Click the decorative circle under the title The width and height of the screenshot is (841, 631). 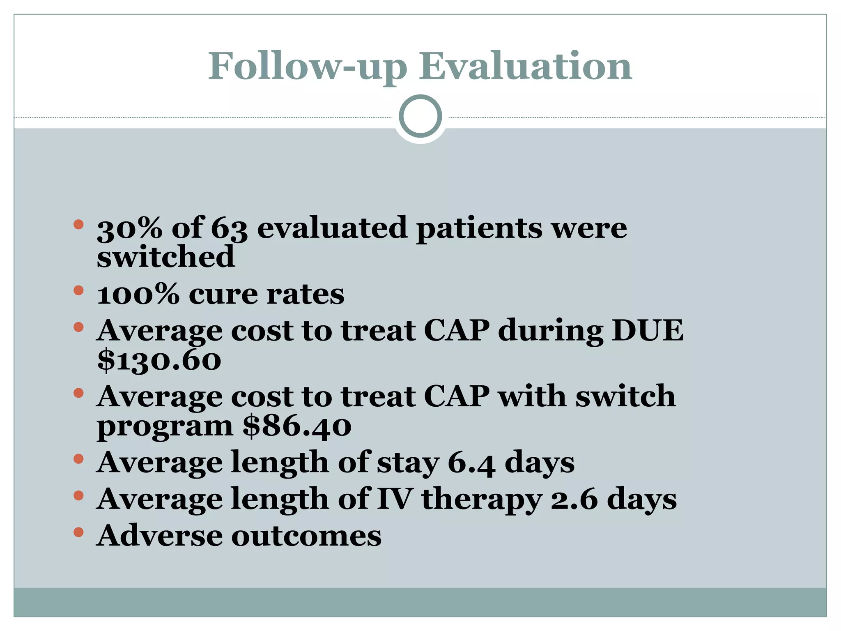coord(420,116)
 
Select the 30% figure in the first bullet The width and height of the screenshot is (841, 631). coord(129,228)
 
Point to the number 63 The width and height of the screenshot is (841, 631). coord(229,228)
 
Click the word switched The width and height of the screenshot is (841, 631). coord(165,257)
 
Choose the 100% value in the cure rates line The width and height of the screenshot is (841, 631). coord(138,294)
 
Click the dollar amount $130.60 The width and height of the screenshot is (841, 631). coord(159,360)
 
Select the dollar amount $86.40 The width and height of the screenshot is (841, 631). coord(296,426)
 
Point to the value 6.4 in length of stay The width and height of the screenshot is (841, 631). coord(471,463)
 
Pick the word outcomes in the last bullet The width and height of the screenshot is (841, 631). coord(306,537)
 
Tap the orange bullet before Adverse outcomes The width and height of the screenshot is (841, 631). coord(78,532)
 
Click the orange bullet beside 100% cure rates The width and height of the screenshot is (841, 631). coord(78,291)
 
